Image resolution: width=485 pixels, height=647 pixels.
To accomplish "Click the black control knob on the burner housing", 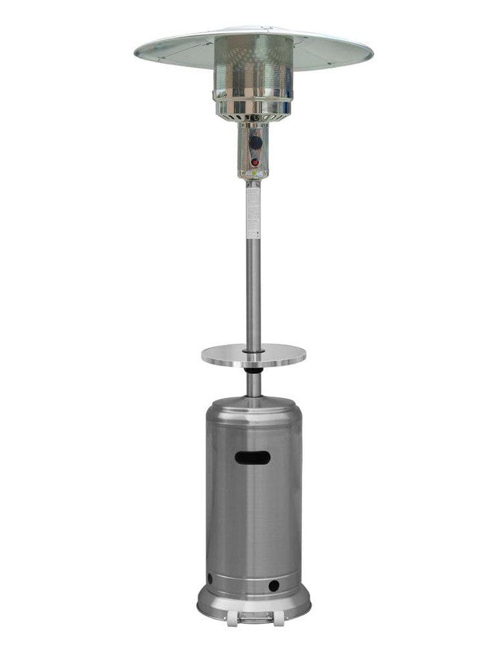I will pyautogui.click(x=256, y=141).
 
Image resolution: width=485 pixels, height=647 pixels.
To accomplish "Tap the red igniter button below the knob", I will pyautogui.click(x=255, y=162).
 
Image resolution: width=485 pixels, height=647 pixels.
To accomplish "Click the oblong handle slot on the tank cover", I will pyautogui.click(x=253, y=457).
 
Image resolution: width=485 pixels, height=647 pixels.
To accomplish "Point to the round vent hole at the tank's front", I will pyautogui.click(x=274, y=586).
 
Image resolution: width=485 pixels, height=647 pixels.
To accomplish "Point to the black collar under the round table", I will pyautogui.click(x=253, y=372).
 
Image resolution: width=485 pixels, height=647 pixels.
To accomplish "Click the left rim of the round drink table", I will pyautogui.click(x=206, y=355).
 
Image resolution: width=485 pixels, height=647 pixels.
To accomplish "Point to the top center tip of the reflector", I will pyautogui.click(x=253, y=28).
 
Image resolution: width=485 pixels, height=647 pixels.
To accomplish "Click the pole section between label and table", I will pyautogui.click(x=253, y=291).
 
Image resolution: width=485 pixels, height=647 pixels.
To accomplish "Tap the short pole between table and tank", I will pyautogui.click(x=253, y=386).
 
